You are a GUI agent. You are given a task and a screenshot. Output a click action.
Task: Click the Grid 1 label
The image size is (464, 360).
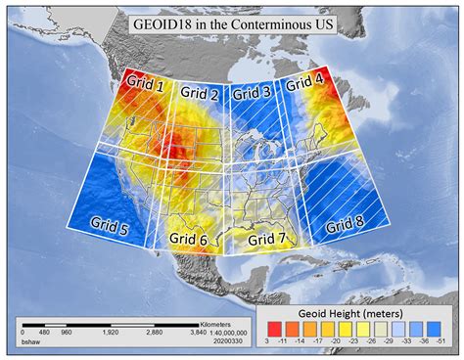[x=144, y=86]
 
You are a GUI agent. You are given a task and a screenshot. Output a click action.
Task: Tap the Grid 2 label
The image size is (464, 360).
[x=201, y=95]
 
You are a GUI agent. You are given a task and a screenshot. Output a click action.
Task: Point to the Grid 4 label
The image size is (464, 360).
[x=304, y=85]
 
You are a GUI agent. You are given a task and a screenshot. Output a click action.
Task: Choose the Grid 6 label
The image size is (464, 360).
[x=187, y=239]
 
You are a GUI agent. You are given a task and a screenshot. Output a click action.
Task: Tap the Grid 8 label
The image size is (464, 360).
[x=345, y=222]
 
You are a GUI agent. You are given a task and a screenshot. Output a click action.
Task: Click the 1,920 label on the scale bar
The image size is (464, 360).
[x=112, y=333]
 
